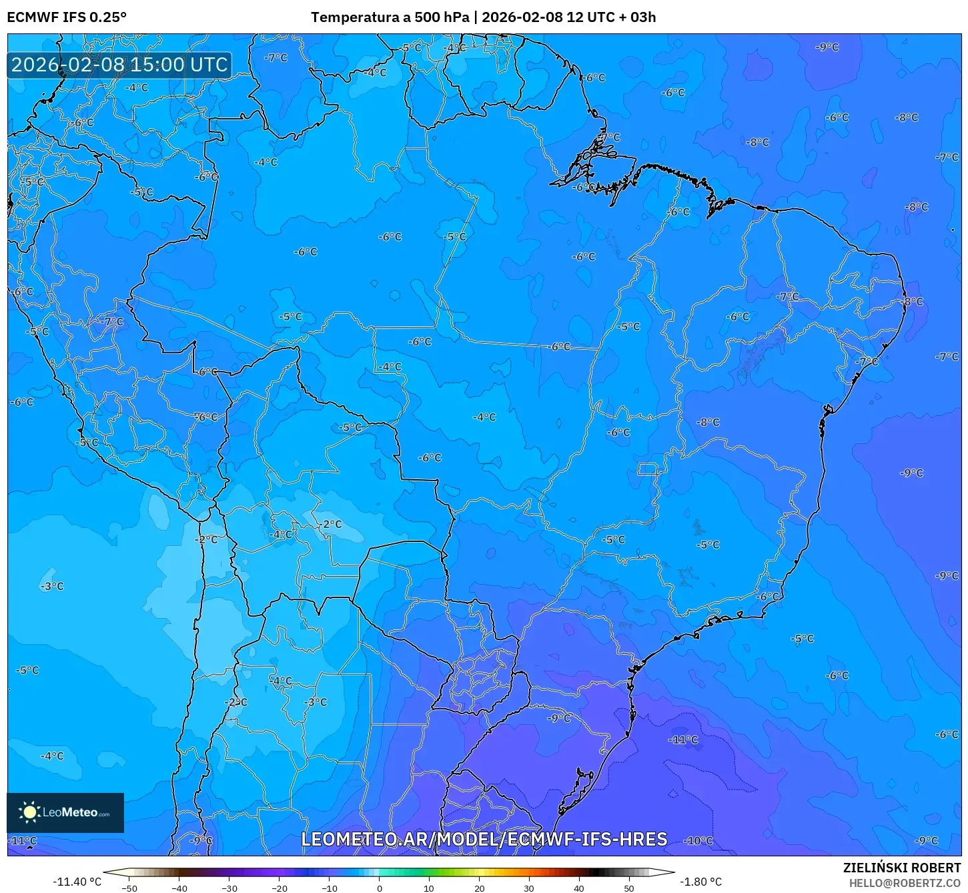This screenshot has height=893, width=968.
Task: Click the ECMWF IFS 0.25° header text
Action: pyautogui.click(x=67, y=17)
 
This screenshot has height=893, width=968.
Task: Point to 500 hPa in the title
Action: pyautogui.click(x=442, y=17)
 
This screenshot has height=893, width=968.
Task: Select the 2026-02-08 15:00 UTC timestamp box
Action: pyautogui.click(x=119, y=65)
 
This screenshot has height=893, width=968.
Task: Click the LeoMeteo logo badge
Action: pyautogui.click(x=65, y=812)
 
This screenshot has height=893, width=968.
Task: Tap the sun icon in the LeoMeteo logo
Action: pyautogui.click(x=29, y=812)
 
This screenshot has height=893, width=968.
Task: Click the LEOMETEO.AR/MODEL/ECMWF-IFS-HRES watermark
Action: pyautogui.click(x=484, y=839)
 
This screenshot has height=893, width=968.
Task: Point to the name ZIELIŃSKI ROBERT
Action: pyautogui.click(x=902, y=868)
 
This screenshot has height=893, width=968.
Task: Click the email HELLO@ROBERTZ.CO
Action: pyautogui.click(x=905, y=883)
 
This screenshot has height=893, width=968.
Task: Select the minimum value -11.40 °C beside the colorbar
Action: pyautogui.click(x=77, y=882)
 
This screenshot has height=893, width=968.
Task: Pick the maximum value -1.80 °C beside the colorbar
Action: pyautogui.click(x=700, y=882)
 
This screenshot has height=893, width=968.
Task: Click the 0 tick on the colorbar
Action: pyautogui.click(x=380, y=888)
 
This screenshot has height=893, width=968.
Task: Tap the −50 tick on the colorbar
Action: pyautogui.click(x=129, y=888)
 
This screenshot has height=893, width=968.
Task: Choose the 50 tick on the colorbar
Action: pyautogui.click(x=629, y=888)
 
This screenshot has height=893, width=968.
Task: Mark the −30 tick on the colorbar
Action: pyautogui.click(x=229, y=888)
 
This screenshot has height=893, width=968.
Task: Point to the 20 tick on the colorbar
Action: pyautogui.click(x=480, y=888)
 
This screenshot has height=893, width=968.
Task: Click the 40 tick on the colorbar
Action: pyautogui.click(x=579, y=888)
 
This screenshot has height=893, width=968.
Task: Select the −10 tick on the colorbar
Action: pyautogui.click(x=330, y=888)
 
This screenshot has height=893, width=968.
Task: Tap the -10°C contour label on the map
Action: pyautogui.click(x=699, y=841)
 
